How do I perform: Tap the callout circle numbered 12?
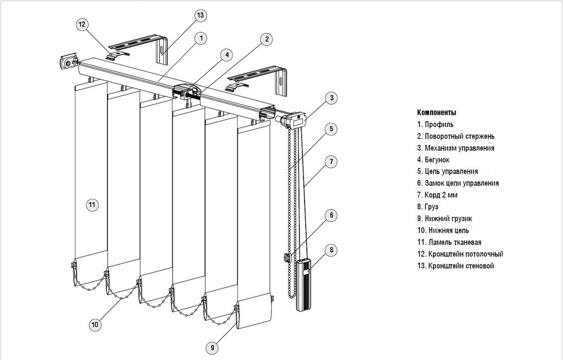point(82,24)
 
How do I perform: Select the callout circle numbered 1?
point(201,38)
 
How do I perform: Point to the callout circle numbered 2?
point(266,39)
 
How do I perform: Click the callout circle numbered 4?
point(226,55)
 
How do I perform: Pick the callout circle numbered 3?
point(332,97)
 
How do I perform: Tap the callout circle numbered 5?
point(332,129)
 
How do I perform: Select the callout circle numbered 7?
point(332,162)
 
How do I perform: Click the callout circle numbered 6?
point(332,215)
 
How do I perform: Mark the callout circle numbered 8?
point(332,249)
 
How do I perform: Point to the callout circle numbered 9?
point(212,349)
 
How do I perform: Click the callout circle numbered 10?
point(95,324)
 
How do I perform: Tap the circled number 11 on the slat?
point(92,204)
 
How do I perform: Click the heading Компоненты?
point(436,112)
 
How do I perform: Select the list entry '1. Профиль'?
point(435,124)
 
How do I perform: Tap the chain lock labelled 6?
point(287,257)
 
